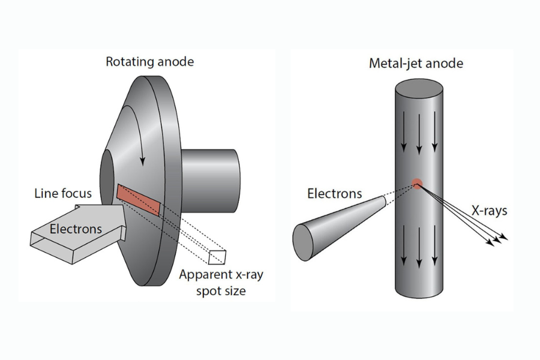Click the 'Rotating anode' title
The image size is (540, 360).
149,62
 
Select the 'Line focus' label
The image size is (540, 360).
63,193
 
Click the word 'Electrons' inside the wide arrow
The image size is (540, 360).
76,229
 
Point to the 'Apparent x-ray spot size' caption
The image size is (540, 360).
221,283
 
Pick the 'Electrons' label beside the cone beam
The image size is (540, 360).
334,194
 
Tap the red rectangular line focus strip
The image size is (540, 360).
139,200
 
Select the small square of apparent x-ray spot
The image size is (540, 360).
217,256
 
